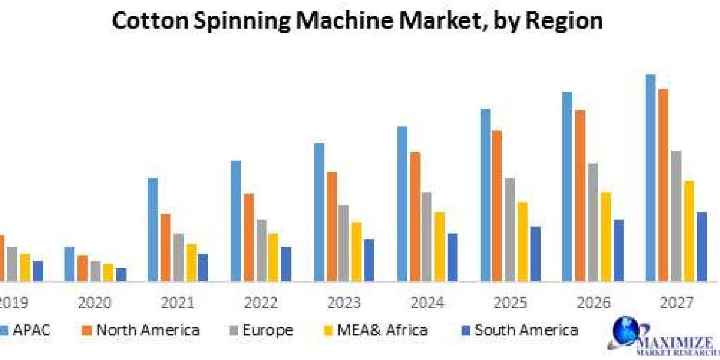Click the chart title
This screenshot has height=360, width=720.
tap(358, 21)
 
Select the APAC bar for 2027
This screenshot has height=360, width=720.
tap(650, 178)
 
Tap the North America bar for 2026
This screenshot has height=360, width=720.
tap(580, 196)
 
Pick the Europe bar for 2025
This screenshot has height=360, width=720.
tap(510, 229)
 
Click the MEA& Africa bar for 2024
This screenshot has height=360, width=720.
tap(440, 246)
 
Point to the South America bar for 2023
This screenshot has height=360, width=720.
tap(369, 260)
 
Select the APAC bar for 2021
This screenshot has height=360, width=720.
tap(153, 229)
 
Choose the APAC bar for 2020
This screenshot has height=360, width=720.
tap(70, 263)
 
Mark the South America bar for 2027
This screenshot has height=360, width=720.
tap(702, 246)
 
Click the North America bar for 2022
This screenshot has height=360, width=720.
tap(249, 237)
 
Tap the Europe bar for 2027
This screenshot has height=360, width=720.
tap(676, 215)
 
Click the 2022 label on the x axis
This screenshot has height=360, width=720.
tap(260, 302)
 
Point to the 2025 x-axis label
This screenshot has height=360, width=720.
tap(510, 302)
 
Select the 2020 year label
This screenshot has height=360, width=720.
tap(95, 302)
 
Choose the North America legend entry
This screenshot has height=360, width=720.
tap(141, 329)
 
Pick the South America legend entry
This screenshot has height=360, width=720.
tap(520, 329)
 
